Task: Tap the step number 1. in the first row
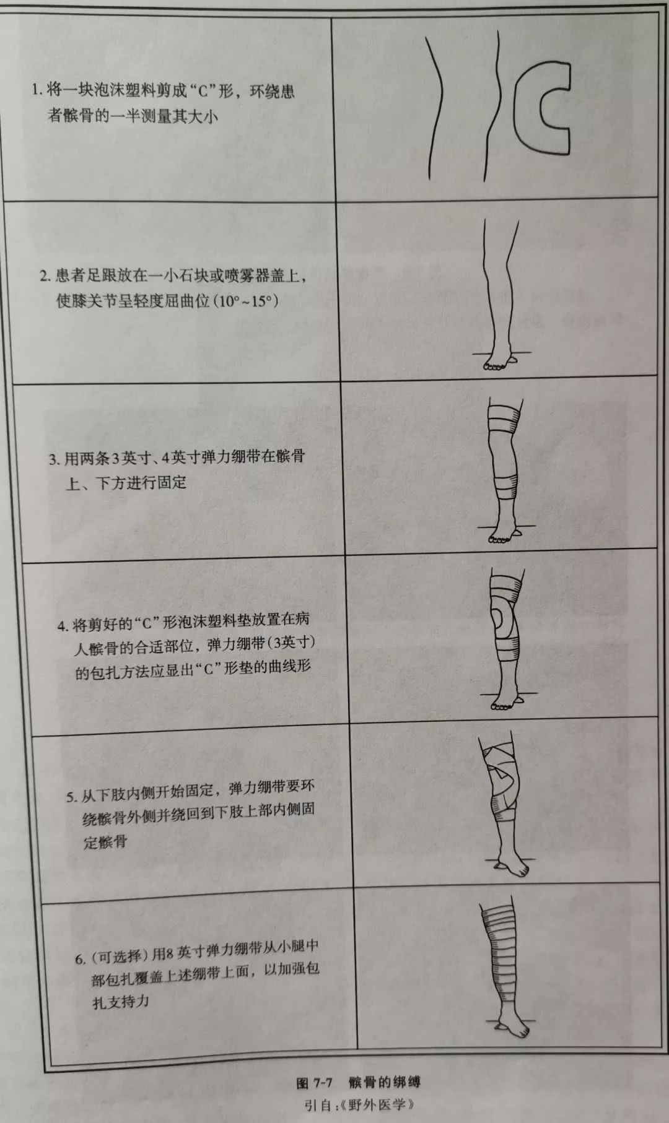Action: pos(37,90)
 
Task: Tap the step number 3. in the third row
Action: pos(55,459)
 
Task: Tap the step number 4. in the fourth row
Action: pos(63,626)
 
